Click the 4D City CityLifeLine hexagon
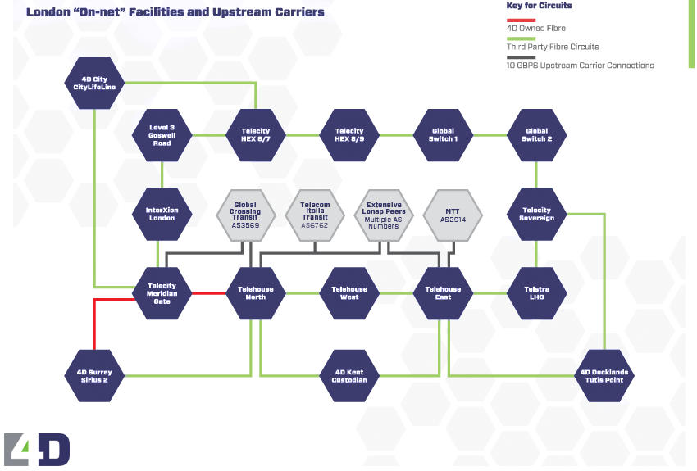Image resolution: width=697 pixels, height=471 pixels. pos(95,84)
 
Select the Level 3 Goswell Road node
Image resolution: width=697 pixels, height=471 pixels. pos(162,134)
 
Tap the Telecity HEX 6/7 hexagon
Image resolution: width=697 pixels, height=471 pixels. pos(256,134)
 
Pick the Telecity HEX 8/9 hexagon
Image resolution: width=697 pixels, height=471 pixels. pos(349,134)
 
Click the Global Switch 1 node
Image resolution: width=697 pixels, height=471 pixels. pos(444,134)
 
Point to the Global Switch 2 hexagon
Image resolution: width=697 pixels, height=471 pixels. pos(537,134)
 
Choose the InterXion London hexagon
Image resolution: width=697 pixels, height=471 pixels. pos(162,214)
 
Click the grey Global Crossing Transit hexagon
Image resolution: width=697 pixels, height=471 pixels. pos(245,214)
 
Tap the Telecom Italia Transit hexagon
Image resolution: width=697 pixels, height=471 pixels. pos(315,214)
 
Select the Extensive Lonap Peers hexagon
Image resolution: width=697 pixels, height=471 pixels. pos(385,214)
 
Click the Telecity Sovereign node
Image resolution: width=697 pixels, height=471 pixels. pos(537,214)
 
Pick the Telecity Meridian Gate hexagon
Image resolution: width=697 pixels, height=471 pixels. pos(162,293)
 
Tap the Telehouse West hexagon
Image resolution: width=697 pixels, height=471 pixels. pos(349,293)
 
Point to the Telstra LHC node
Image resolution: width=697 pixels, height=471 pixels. pos(537,293)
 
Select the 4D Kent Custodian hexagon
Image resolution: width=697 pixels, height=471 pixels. pos(349,375)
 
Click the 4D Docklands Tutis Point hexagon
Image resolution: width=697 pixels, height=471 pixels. pos(604,375)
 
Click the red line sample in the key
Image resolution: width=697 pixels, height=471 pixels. pos(522,20)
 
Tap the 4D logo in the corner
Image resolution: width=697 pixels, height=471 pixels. pos(37,449)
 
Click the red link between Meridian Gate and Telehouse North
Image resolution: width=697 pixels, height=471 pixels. pos(209,293)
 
